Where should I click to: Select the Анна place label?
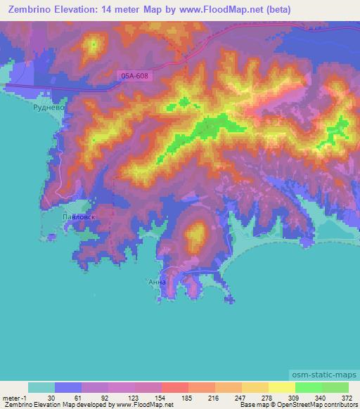(157, 282)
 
